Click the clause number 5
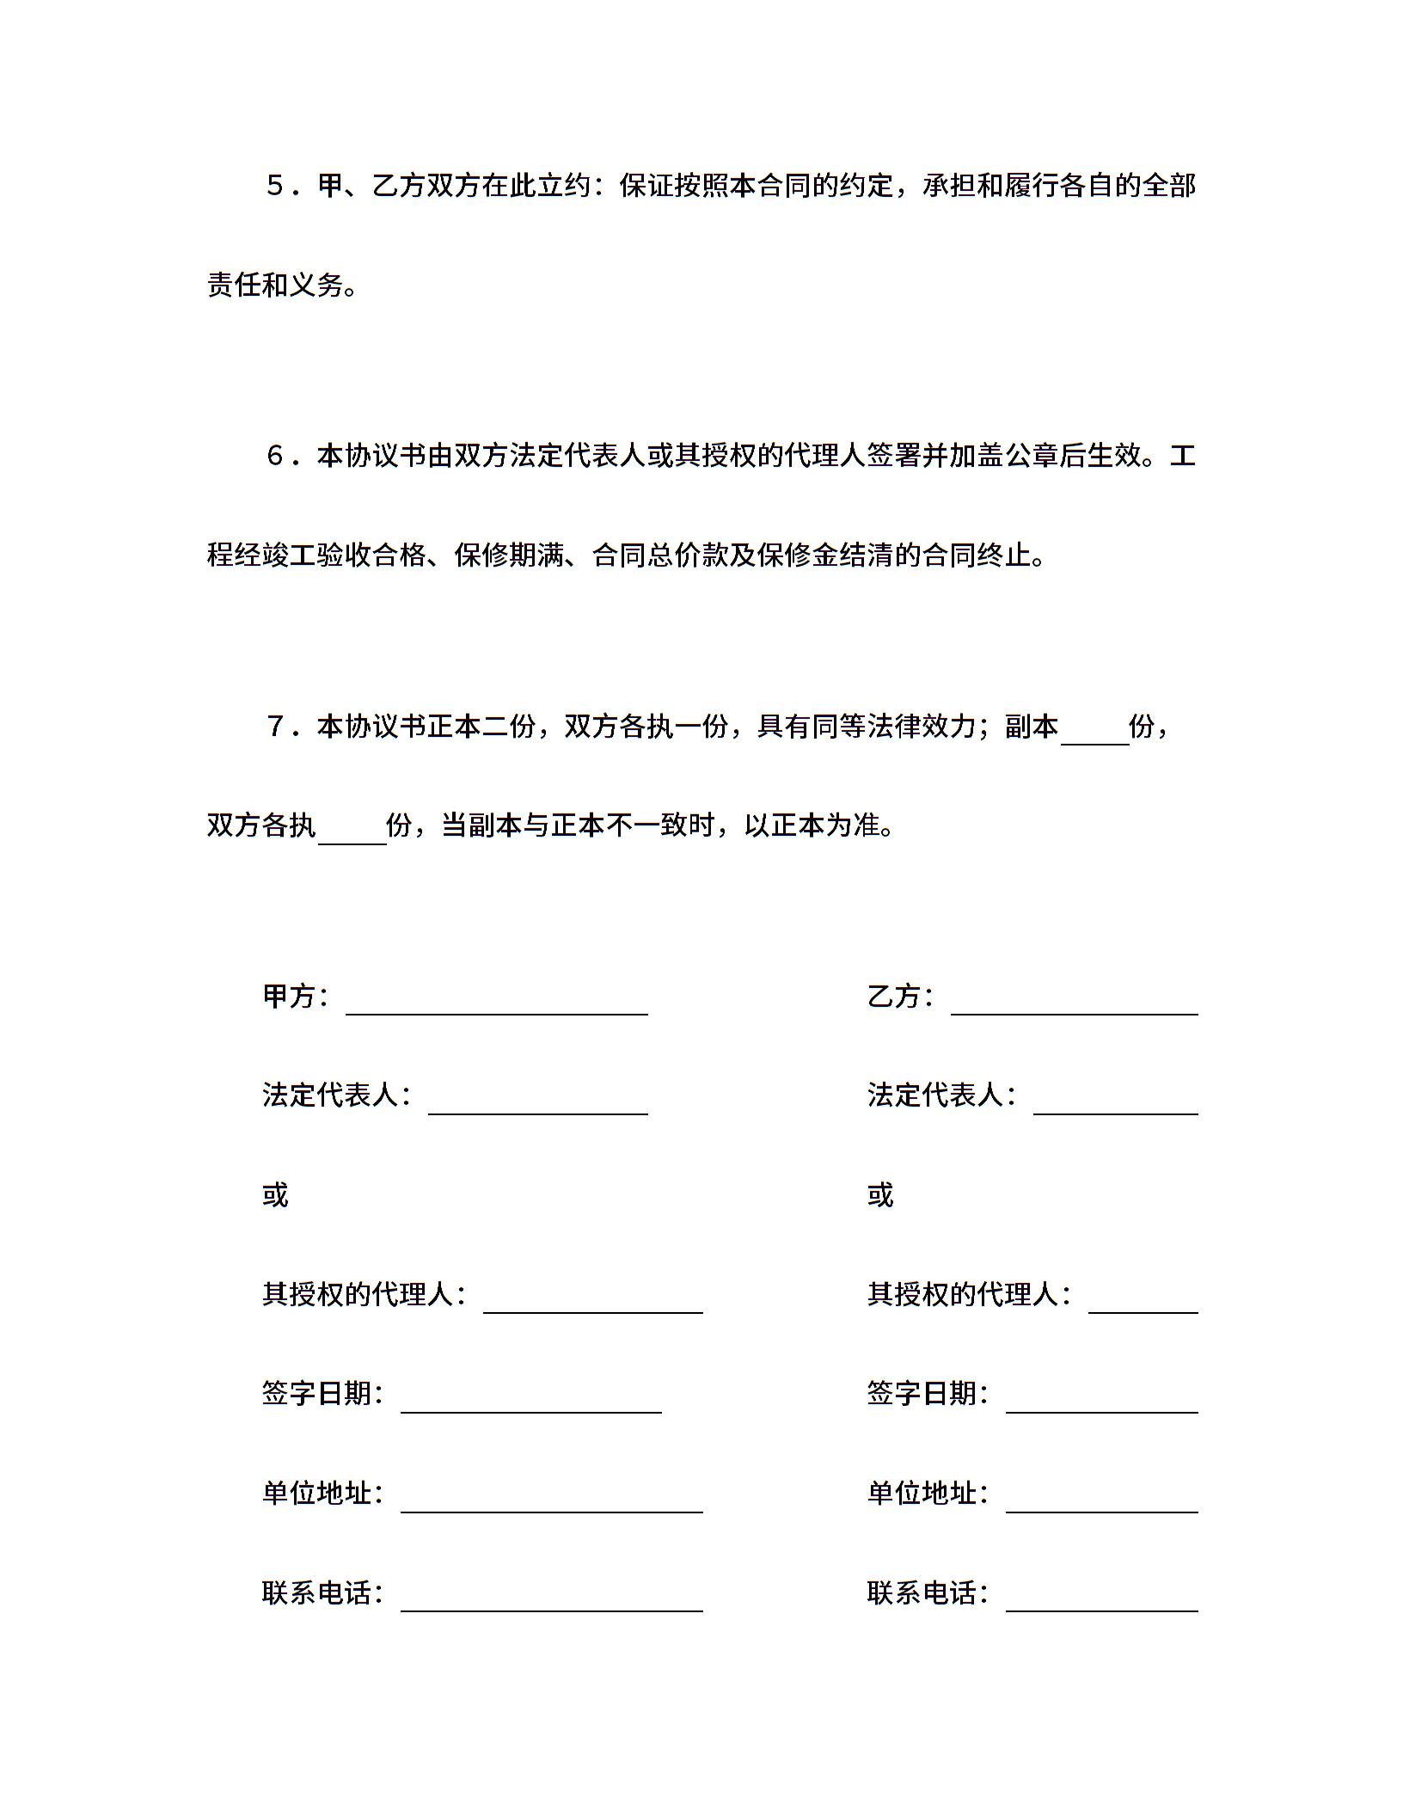(x=276, y=187)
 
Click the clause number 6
(x=276, y=457)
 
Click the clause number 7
(x=276, y=727)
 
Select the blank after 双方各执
(x=352, y=836)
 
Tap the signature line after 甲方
(x=496, y=1008)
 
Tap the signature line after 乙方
(x=1074, y=1008)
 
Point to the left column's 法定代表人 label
(x=332, y=1095)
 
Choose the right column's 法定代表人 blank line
(x=1115, y=1107)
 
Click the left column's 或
(x=276, y=1195)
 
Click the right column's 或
(x=881, y=1195)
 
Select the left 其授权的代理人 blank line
(x=592, y=1305)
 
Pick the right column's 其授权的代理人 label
(x=965, y=1294)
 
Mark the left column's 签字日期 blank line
(x=530, y=1405)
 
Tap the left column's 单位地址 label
(x=318, y=1494)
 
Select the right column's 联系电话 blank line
(x=1101, y=1604)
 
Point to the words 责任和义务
(x=276, y=285)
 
